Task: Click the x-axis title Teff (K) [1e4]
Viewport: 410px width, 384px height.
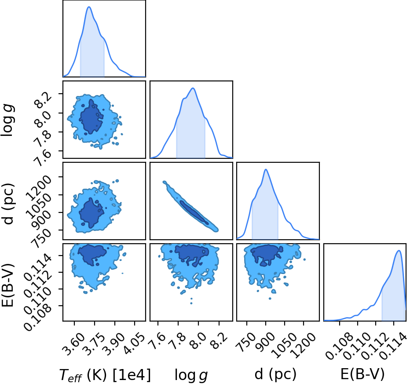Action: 105,374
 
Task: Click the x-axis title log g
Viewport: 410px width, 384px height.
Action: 191,375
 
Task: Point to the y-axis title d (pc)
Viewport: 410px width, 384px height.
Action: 8,204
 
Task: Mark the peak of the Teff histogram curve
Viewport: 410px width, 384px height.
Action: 89,7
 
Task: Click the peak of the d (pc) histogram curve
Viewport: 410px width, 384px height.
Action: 266,169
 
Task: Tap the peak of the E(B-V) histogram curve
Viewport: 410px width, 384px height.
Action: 399,250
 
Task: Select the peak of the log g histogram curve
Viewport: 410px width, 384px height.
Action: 193,88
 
